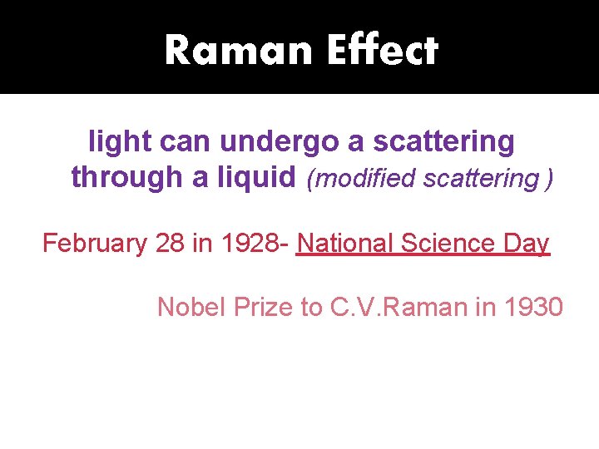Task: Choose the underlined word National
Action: click(x=344, y=244)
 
